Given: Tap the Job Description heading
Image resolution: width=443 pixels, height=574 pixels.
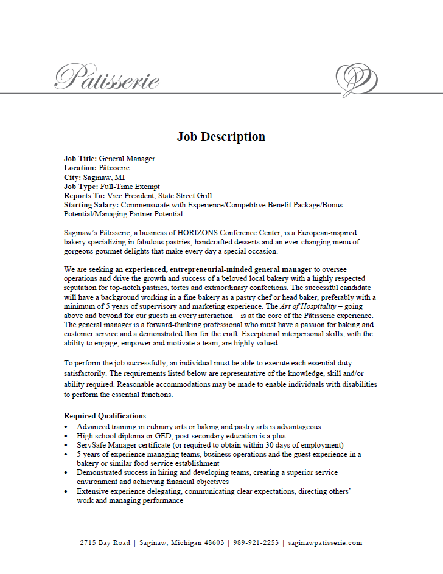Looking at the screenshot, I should (x=221, y=137).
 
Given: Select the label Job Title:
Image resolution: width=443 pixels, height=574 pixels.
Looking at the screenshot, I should (x=80, y=159).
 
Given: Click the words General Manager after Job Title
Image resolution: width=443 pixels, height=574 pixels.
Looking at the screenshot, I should (x=127, y=159).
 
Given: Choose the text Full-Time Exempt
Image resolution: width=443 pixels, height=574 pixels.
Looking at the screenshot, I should (x=130, y=186).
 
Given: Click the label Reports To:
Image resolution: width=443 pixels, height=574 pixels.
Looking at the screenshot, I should (x=84, y=196).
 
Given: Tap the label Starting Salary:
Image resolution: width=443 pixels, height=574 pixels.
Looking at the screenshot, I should (x=91, y=205).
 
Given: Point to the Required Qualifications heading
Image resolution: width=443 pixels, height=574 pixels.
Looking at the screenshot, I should (x=105, y=416).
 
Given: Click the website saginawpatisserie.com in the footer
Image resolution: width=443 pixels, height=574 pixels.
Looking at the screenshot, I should (x=326, y=543).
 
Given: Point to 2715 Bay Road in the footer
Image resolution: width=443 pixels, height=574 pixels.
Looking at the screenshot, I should (x=105, y=543).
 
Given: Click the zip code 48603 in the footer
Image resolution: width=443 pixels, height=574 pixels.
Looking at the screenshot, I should (x=211, y=543).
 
